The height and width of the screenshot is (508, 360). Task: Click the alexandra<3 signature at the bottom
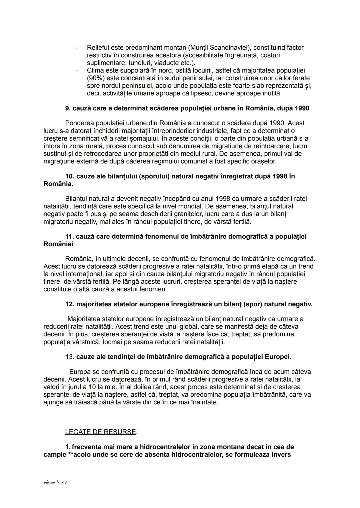pyautogui.click(x=55, y=482)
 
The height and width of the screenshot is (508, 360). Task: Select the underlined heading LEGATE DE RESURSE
pyautogui.click(x=100, y=432)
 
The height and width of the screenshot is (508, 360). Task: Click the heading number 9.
pyautogui.click(x=68, y=108)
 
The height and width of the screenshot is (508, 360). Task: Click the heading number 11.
pyautogui.click(x=69, y=236)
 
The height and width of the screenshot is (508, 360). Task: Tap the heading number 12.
pyautogui.click(x=69, y=304)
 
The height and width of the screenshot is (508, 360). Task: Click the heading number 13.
pyautogui.click(x=69, y=357)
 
